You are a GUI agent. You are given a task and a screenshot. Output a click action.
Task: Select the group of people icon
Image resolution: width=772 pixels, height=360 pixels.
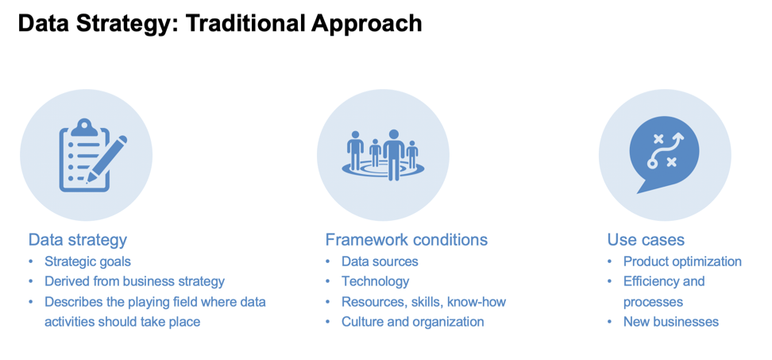(383, 155)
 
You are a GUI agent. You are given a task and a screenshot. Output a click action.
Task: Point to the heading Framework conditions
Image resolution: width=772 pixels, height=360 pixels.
(406, 240)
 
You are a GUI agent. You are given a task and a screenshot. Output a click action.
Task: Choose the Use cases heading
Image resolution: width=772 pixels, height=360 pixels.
(646, 240)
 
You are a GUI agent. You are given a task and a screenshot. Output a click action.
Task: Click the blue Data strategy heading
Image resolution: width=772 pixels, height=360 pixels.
(78, 240)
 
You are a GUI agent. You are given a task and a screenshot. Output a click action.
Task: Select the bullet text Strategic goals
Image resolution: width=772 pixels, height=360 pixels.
(87, 261)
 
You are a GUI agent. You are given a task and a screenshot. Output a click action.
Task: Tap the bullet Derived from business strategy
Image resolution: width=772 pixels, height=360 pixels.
(134, 281)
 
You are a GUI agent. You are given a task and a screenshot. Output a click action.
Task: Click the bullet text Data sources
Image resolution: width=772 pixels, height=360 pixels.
(380, 261)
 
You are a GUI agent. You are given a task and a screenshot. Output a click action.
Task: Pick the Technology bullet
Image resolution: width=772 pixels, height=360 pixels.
(375, 281)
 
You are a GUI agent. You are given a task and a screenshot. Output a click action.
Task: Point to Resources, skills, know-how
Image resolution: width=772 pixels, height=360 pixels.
(423, 301)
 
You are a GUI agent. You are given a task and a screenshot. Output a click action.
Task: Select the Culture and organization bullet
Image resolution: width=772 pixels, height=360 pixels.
(412, 322)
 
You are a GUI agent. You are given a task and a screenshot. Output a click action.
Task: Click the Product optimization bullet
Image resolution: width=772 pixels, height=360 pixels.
(682, 261)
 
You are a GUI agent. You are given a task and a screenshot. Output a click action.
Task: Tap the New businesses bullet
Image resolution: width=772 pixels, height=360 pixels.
(671, 322)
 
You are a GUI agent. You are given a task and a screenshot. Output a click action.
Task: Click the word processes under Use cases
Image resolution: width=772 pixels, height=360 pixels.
(653, 302)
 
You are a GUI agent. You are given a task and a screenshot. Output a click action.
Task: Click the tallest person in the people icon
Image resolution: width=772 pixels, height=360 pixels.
(394, 155)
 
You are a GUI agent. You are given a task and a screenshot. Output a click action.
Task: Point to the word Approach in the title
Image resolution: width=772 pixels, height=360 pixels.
(366, 24)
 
